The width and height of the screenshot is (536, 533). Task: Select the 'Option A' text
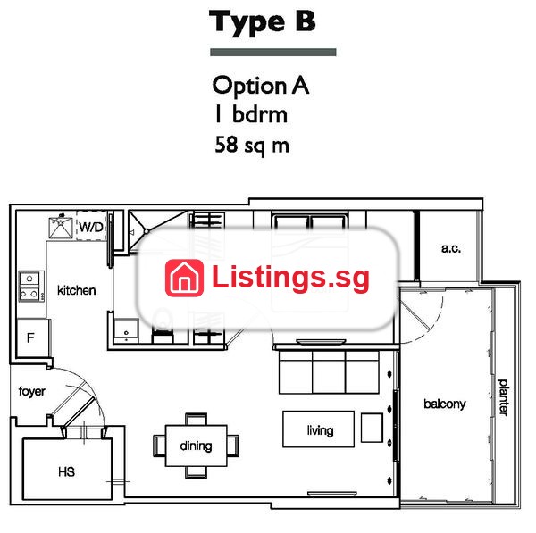[261, 86]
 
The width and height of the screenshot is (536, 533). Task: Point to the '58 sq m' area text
[252, 146]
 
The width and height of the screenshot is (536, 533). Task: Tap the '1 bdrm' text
[251, 114]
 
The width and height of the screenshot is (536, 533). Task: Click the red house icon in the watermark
[184, 278]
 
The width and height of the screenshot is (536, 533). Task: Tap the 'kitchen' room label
[76, 290]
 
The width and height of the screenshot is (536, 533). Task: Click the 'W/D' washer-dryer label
[91, 227]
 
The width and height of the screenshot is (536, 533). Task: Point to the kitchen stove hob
[31, 287]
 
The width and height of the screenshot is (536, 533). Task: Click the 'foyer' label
[32, 392]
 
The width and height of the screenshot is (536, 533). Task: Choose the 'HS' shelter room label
[66, 471]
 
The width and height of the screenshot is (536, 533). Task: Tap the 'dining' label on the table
[196, 446]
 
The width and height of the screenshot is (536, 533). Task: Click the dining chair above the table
[196, 419]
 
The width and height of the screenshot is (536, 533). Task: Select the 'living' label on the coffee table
[320, 430]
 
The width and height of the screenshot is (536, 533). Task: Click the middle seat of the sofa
[329, 372]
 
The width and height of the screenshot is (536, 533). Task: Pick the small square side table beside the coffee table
[372, 428]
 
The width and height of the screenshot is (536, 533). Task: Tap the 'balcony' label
[444, 404]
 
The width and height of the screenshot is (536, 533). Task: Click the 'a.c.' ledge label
[451, 248]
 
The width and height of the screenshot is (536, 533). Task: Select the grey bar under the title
[273, 53]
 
